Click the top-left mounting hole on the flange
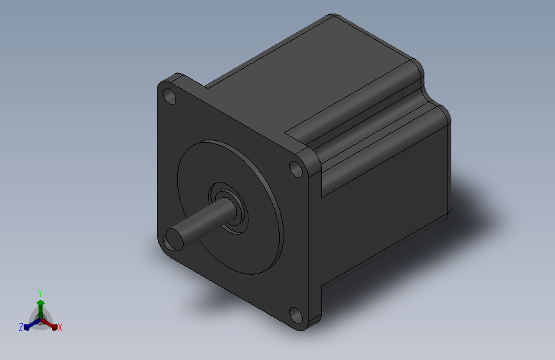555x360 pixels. click(x=169, y=96)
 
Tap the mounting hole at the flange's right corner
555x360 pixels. click(x=296, y=169)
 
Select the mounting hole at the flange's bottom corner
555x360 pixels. click(x=296, y=315)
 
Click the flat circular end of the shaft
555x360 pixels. click(x=173, y=238)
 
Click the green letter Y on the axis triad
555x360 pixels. click(x=40, y=293)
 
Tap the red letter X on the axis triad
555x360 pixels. click(x=60, y=327)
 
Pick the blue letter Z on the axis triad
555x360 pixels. click(x=21, y=327)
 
